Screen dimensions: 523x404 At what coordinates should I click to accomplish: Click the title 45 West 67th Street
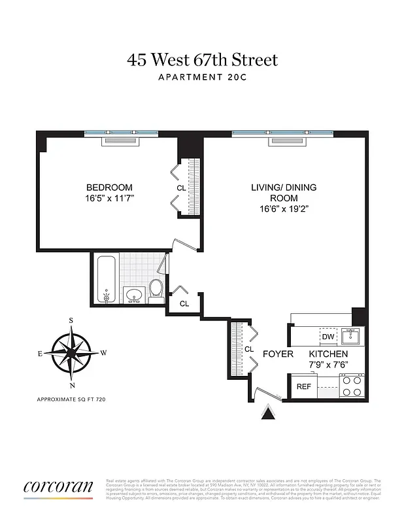point(202,60)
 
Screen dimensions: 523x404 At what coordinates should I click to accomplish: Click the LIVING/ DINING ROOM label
point(283,192)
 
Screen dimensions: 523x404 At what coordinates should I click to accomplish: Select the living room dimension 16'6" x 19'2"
point(283,209)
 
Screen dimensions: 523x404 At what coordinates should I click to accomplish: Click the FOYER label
point(277,354)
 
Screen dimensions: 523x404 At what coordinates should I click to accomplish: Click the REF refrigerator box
point(303,386)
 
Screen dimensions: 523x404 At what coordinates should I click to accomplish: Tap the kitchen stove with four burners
point(351,386)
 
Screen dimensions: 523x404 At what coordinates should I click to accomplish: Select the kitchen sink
point(351,337)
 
